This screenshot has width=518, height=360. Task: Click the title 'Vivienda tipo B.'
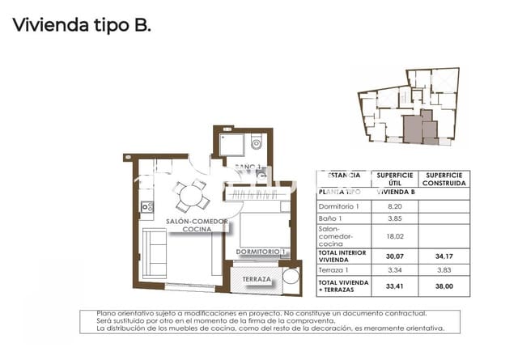[81, 24]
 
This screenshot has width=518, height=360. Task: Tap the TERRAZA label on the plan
[257, 280]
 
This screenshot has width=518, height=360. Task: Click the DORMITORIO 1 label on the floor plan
[261, 252]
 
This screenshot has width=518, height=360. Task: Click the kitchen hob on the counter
[146, 207]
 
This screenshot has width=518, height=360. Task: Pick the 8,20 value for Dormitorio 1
[395, 206]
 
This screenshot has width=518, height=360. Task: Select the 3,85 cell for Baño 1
[395, 220]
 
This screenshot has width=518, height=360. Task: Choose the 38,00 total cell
[444, 286]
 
